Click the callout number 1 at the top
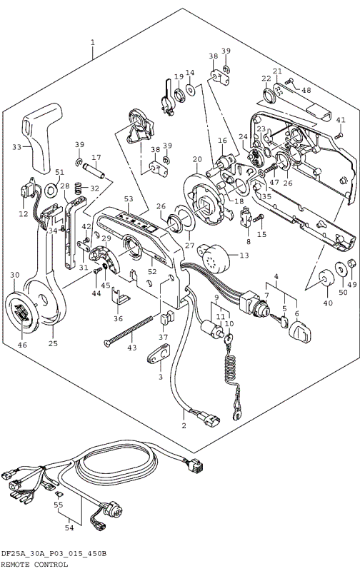92,43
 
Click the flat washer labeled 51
51,191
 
